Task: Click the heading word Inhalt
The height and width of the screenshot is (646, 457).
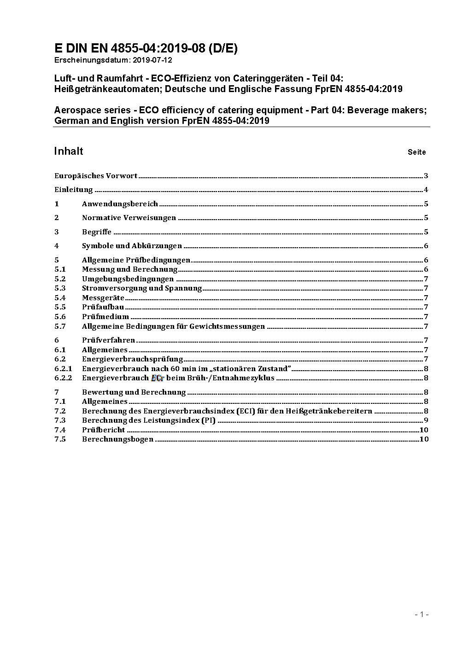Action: [x=69, y=151]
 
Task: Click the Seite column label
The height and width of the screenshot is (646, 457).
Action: [x=416, y=152]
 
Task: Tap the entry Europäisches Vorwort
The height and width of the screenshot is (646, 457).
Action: [x=96, y=175]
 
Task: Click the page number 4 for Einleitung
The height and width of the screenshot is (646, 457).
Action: [x=426, y=190]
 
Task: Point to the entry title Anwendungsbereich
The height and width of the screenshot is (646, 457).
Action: [x=120, y=204]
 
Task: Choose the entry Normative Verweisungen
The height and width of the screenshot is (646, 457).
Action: [x=129, y=218]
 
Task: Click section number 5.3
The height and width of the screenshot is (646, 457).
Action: [x=60, y=288]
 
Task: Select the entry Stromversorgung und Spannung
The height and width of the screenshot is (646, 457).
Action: [x=142, y=288]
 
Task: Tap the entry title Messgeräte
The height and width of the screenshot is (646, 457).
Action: [x=103, y=298]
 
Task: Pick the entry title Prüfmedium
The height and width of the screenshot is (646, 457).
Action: [x=105, y=317]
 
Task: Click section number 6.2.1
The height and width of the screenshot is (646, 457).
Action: [x=63, y=368]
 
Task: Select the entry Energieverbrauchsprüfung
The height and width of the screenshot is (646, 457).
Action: [x=133, y=359]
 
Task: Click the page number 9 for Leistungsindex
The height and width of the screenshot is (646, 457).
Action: [x=426, y=420]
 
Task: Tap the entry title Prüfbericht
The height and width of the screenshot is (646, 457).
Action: [x=104, y=430]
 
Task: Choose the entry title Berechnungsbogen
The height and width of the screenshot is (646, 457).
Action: [x=117, y=439]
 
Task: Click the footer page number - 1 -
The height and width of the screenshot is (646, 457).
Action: [x=422, y=614]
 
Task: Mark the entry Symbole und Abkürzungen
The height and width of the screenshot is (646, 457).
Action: [x=132, y=246]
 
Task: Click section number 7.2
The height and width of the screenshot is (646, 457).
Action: [x=60, y=411]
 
